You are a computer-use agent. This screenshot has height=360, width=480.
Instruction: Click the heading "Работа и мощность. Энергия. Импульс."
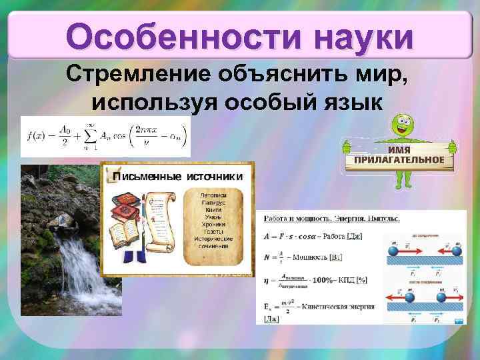[x=331, y=219]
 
